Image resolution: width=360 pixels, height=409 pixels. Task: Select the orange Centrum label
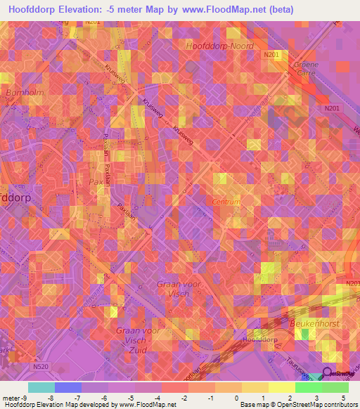[226, 202]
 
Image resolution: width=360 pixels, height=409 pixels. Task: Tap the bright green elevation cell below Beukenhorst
[304, 334]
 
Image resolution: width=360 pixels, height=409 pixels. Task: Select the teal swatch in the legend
[41, 387]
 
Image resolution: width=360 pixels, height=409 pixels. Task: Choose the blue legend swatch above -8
[67, 387]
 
